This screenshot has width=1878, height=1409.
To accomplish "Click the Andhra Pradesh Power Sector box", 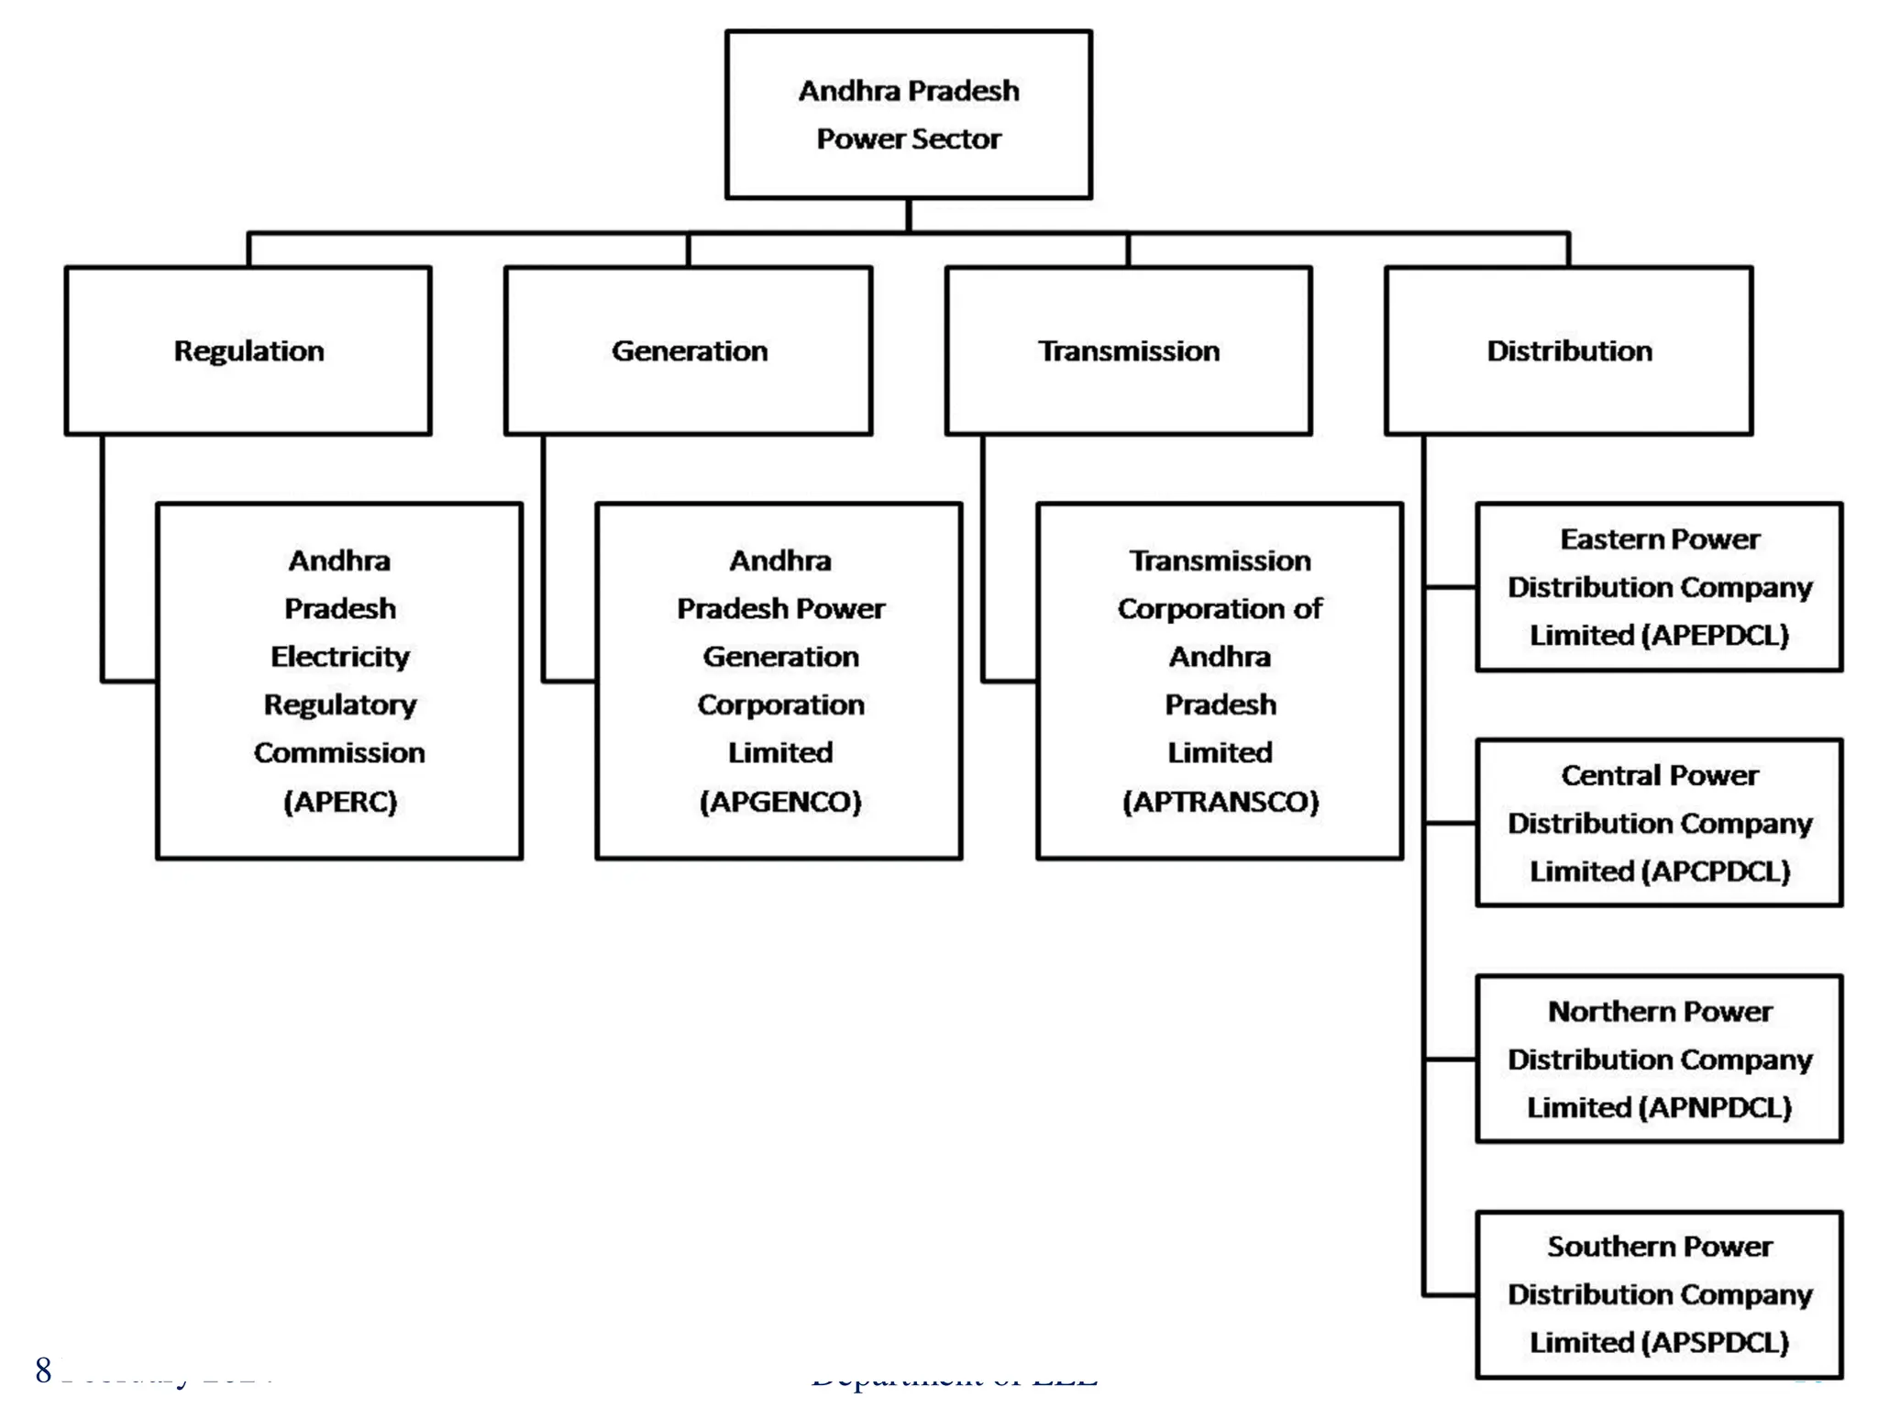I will pos(908,115).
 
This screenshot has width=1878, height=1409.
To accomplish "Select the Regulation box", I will pos(249,350).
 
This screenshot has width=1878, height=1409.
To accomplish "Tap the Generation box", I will pos(689,350).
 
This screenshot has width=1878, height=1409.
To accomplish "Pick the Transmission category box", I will pos(1128,350).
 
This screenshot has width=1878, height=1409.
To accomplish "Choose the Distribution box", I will pos(1569,350).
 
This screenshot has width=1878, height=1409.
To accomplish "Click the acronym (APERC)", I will pos(340,802).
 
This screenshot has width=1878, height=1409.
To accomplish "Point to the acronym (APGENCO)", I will pos(780,802).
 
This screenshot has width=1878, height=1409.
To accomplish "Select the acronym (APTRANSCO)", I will pos(1221,802).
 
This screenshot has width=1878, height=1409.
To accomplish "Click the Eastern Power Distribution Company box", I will pos(1659,587).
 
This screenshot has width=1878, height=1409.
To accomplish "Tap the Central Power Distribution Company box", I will pos(1659,823).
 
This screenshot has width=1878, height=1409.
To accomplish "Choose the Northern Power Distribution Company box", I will pos(1659,1059).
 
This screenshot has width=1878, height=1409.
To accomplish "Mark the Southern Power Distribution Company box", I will pos(1659,1294).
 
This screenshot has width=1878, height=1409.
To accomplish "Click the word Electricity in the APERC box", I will pos(340,657).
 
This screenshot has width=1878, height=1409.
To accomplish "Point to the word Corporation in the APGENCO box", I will pos(780,704).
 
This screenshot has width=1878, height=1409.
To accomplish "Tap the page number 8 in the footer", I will pos(43,1370).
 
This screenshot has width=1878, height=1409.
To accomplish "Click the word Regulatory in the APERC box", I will pos(340,704).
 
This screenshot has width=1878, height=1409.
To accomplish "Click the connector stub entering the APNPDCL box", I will pos(1451,1060).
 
